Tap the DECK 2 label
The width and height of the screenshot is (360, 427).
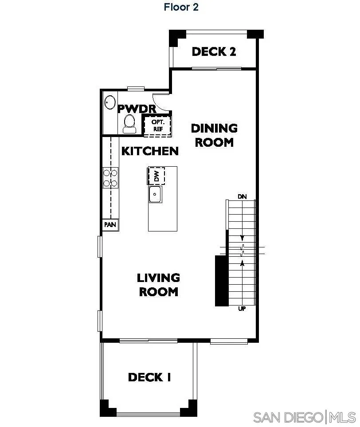click(214, 51)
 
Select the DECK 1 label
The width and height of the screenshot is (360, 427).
click(149, 377)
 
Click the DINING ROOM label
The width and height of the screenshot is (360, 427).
click(214, 135)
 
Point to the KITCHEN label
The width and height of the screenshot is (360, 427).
click(150, 151)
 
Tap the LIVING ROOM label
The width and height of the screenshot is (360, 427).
click(158, 285)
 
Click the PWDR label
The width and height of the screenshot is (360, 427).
click(136, 108)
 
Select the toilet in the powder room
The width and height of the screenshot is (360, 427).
click(129, 123)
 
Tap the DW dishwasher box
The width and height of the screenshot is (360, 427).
click(156, 176)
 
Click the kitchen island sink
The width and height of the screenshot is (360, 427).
click(155, 194)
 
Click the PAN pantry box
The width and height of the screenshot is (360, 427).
click(110, 225)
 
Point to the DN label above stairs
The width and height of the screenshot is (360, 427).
click(242, 196)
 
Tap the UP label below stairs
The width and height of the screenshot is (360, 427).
click(242, 309)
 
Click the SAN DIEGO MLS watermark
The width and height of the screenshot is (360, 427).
click(304, 417)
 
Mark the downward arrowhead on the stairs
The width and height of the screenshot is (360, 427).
click(242, 238)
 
